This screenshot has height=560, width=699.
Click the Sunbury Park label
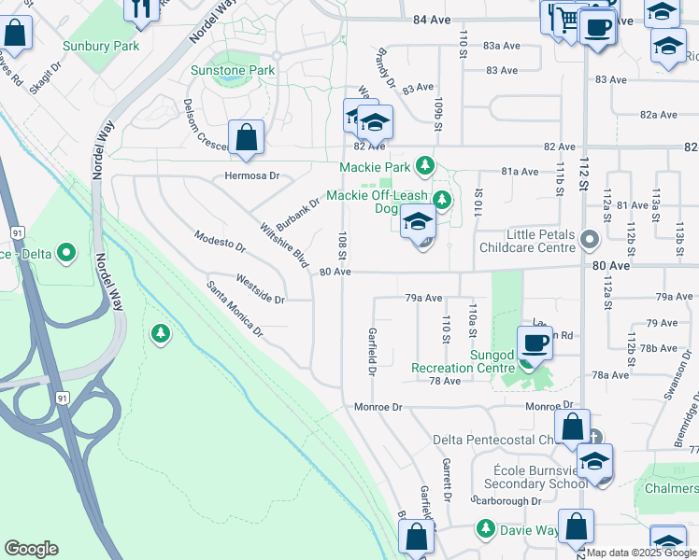click(100, 46)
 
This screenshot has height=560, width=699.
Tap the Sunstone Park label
click(233, 70)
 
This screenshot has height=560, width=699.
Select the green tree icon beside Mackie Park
click(425, 166)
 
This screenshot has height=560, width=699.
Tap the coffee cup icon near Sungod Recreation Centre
click(535, 343)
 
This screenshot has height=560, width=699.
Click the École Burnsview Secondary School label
click(535, 477)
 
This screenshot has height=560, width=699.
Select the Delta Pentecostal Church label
click(495, 440)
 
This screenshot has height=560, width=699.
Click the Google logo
click(31, 549)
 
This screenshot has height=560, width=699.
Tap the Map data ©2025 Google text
click(641, 553)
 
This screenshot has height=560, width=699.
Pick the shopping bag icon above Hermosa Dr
click(246, 138)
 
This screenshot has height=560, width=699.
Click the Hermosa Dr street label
click(252, 175)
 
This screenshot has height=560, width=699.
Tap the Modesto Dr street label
click(220, 242)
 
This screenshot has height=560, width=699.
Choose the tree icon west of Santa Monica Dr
click(162, 332)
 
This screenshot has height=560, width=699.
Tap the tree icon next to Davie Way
click(485, 529)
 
